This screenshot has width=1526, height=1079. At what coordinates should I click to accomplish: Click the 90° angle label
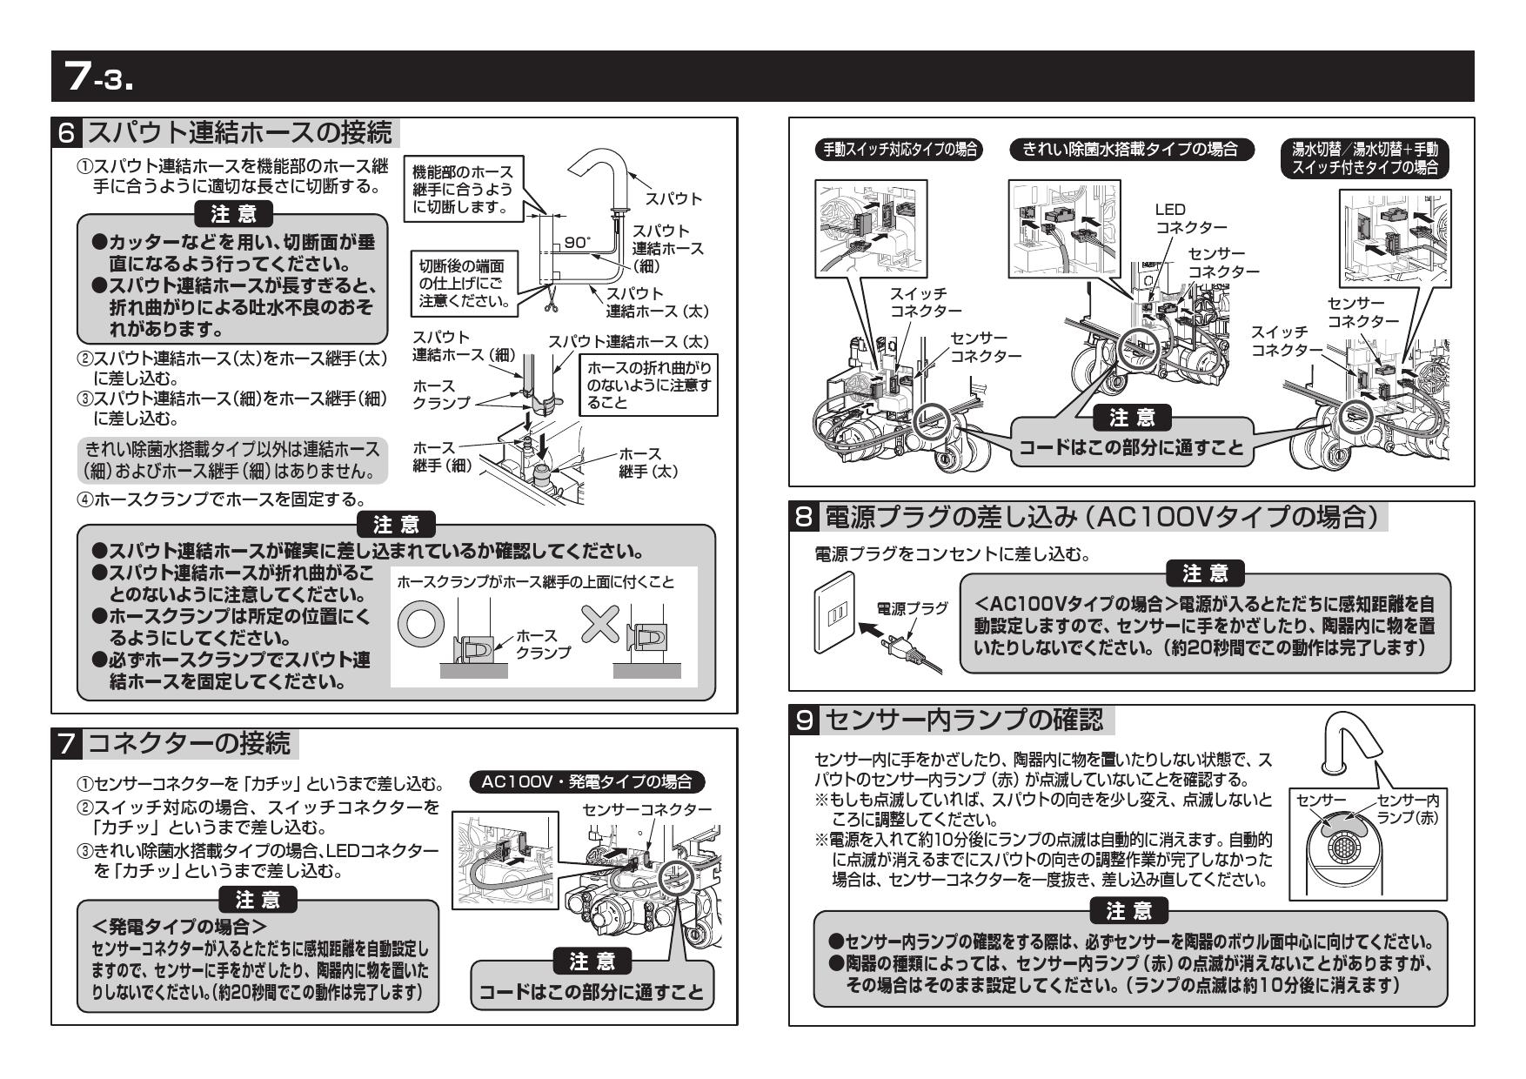tap(575, 243)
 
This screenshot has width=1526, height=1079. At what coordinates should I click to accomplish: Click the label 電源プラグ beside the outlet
tap(913, 608)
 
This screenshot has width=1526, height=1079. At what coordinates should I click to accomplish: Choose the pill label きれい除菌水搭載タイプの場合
tap(1133, 149)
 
